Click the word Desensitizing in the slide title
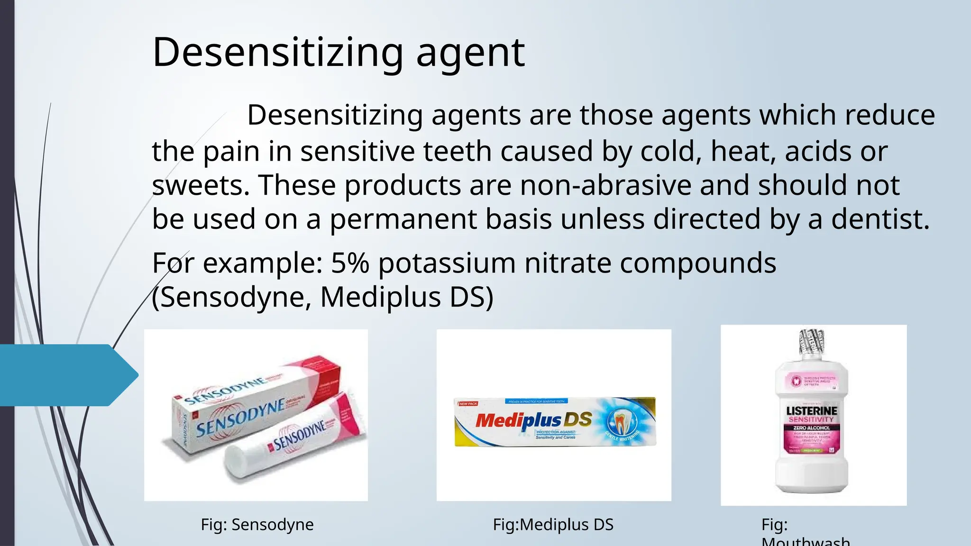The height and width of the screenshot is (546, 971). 278,53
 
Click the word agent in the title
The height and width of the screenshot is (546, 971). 470,53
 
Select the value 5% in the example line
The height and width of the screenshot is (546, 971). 350,263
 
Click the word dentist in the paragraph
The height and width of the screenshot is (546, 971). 879,219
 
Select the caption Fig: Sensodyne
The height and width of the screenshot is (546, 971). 257,525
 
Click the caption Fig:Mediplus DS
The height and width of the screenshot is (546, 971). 553,525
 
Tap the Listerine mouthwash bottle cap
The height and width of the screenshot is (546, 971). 812,342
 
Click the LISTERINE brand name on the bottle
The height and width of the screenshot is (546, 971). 812,410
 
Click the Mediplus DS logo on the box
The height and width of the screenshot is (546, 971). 533,420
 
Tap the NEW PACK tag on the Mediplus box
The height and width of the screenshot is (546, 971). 468,404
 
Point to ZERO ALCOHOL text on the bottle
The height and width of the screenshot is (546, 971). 812,428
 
